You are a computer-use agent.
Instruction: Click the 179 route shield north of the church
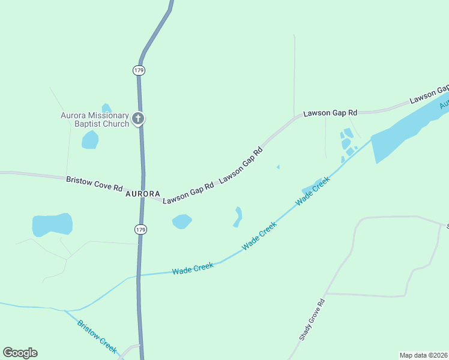pyautogui.click(x=139, y=70)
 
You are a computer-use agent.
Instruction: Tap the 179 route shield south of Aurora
pyautogui.click(x=140, y=230)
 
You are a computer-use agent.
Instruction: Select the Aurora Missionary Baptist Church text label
pyautogui.click(x=95, y=119)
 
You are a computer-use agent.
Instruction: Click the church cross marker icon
pyautogui.click(x=139, y=119)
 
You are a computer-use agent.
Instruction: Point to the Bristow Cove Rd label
pyautogui.click(x=94, y=183)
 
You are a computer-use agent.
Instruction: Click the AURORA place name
pyautogui.click(x=143, y=194)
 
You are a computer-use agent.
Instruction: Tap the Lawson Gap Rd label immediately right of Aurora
pyautogui.click(x=188, y=193)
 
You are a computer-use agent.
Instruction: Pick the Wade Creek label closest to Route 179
pyautogui.click(x=193, y=268)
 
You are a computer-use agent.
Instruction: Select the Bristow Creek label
pyautogui.click(x=97, y=335)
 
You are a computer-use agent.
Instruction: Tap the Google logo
pyautogui.click(x=20, y=353)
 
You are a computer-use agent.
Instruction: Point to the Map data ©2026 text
pyautogui.click(x=424, y=355)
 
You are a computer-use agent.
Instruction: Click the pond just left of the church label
pyautogui.click(x=90, y=140)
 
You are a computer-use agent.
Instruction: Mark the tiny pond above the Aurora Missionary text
pyautogui.click(x=106, y=108)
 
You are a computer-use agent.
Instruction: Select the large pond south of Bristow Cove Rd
pyautogui.click(x=52, y=225)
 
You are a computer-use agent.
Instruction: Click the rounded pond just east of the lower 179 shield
pyautogui.click(x=182, y=221)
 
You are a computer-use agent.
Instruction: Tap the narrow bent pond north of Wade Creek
pyautogui.click(x=238, y=217)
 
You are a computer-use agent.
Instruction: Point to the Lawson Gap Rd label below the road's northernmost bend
pyautogui.click(x=330, y=112)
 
